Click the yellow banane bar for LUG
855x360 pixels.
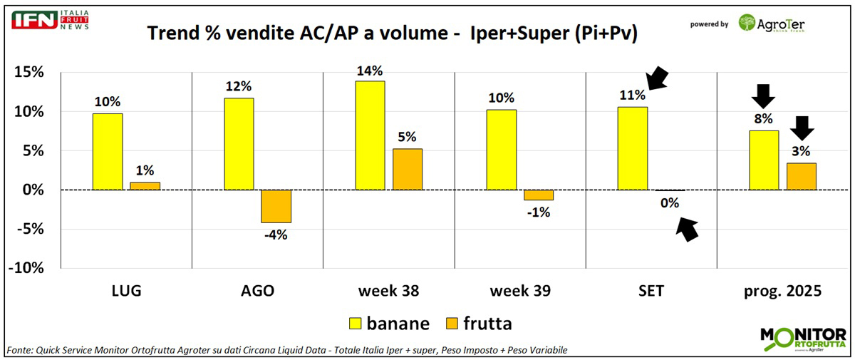point(108,152)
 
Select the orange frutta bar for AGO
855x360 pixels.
point(276,206)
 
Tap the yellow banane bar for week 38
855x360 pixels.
point(370,135)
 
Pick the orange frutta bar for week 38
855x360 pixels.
point(407,170)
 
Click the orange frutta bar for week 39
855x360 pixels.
point(538,195)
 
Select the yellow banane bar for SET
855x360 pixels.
point(632,148)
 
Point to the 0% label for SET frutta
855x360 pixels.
point(670,203)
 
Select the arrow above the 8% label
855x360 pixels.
point(763,95)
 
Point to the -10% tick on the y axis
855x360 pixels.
point(27,268)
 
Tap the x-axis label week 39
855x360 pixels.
point(519,291)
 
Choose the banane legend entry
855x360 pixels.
point(387,323)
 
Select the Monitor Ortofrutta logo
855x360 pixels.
point(802,339)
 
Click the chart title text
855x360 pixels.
point(391,34)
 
